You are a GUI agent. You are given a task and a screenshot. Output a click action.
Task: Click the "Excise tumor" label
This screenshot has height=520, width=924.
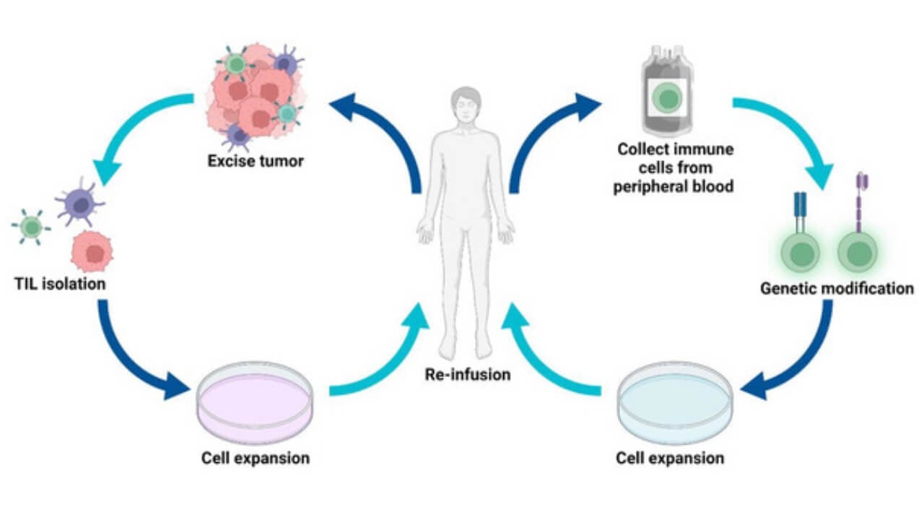point(255,160)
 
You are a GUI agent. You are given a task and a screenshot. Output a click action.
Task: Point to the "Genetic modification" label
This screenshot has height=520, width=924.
point(837,289)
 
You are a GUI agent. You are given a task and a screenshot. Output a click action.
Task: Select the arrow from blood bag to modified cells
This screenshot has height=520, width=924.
point(794,137)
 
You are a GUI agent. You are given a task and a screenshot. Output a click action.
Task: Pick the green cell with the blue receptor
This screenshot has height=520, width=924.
point(800,252)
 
